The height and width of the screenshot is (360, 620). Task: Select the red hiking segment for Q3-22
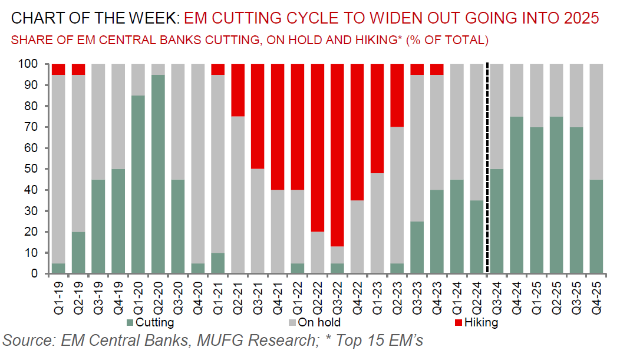pyautogui.click(x=338, y=154)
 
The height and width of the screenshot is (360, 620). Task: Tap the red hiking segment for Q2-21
pyautogui.click(x=238, y=90)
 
